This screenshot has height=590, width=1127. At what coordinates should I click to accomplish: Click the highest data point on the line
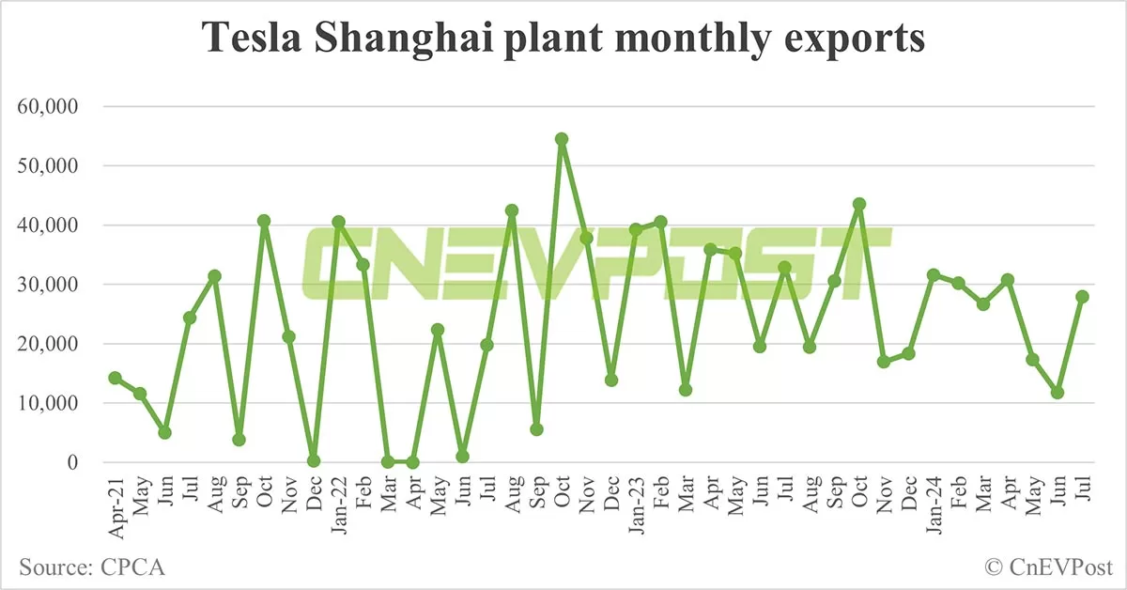pos(562,139)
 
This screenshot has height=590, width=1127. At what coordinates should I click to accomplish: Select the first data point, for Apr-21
pos(115,378)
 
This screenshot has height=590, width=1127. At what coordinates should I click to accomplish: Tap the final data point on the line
pos(1082,296)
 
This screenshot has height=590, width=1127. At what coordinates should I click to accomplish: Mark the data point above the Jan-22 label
pos(338,223)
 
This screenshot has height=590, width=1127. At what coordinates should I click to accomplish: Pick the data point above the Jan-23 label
pos(636,229)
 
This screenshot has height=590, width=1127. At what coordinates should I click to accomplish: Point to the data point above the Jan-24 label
pos(934,275)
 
